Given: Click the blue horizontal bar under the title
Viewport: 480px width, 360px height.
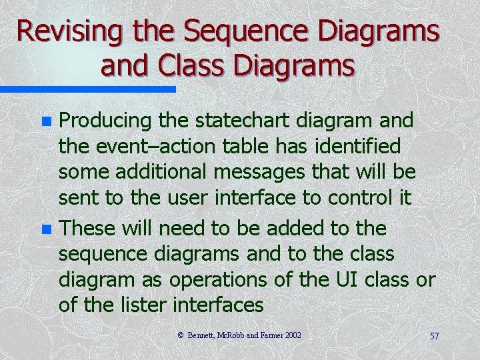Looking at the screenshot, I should click(87, 89).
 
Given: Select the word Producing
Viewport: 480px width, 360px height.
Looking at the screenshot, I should click(106, 121).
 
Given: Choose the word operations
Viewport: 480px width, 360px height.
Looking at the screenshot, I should click(220, 280).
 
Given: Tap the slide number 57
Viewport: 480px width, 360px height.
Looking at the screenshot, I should click(434, 336).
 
